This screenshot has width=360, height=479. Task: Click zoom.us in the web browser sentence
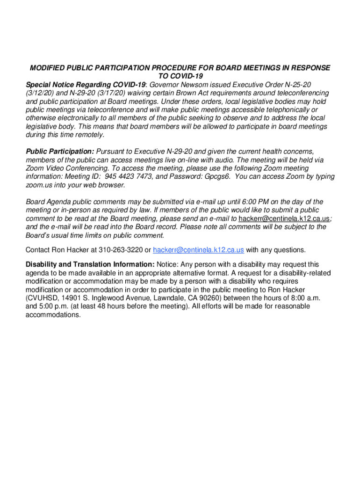tap(39, 185)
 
